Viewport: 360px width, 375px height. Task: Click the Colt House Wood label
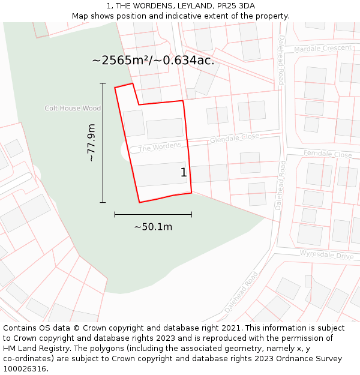[73, 109]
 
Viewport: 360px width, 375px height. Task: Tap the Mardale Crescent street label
[323, 48]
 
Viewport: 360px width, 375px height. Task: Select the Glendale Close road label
[234, 139]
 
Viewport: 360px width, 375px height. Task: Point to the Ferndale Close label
[328, 154]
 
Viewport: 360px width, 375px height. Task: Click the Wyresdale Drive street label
[327, 255]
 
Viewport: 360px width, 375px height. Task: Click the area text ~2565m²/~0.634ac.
[153, 61]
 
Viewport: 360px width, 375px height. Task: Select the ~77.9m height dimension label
[91, 143]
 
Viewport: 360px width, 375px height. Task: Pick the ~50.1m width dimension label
[153, 227]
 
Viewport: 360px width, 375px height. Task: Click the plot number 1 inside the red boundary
[184, 173]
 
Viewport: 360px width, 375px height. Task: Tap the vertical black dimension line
[103, 143]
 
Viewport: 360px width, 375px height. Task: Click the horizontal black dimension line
[153, 214]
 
